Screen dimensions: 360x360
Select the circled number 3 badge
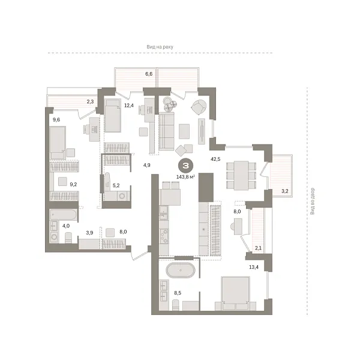point(187,166)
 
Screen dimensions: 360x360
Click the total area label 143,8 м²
point(187,177)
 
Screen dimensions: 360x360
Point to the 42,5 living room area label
point(216,159)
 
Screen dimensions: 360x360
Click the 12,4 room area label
point(128,106)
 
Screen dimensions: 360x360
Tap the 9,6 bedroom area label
point(56,119)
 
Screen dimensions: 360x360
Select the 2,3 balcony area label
point(90,101)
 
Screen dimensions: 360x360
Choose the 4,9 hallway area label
point(146,164)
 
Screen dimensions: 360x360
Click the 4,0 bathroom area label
point(55,226)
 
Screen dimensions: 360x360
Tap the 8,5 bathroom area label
point(178,293)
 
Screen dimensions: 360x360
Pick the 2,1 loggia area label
point(257,248)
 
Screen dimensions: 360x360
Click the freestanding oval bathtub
point(180,270)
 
